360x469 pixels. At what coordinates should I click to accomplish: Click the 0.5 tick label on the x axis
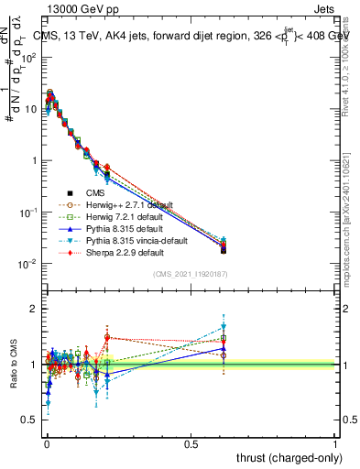[x=191, y=442]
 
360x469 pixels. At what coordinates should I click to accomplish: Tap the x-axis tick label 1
[x=335, y=442]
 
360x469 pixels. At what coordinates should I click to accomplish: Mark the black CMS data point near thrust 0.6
[x=224, y=249]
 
